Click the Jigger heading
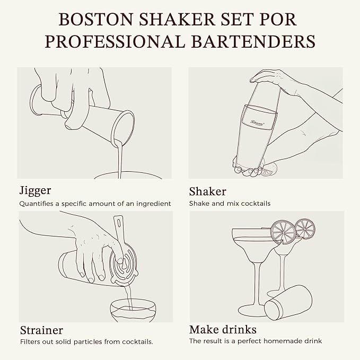pos(35,190)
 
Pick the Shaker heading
pos(207,191)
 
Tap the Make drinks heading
pos(223,330)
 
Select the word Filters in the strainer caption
pos(29,341)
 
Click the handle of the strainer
pos(118,227)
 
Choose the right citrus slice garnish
pos(305,229)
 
